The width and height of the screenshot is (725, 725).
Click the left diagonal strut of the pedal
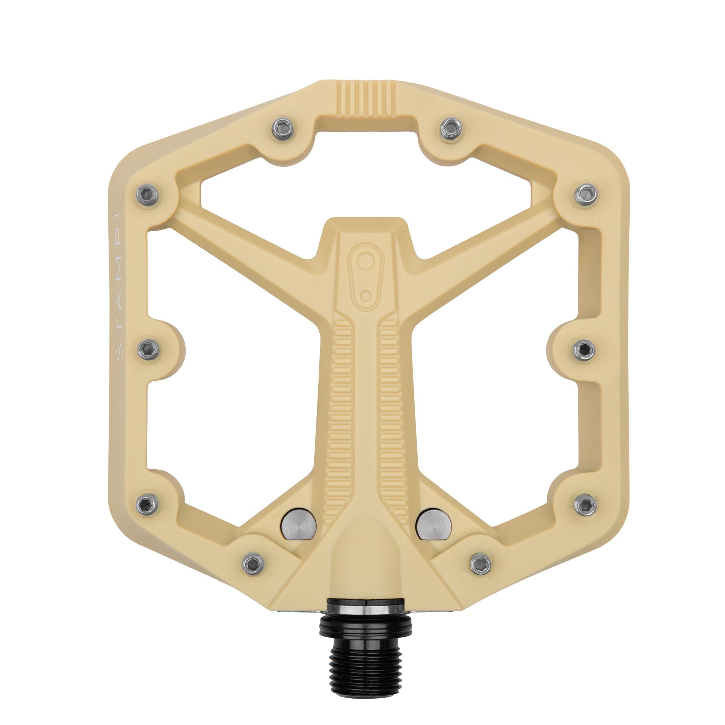pos(248,233)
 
